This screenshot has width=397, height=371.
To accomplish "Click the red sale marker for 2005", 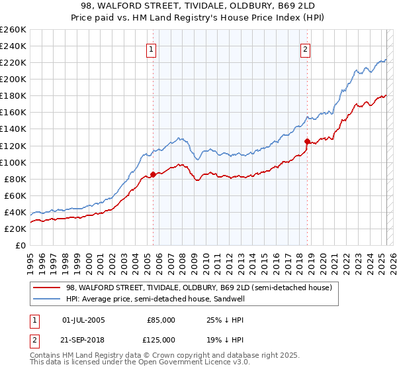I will tap(153, 174).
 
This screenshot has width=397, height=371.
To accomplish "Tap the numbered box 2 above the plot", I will tap(305, 49).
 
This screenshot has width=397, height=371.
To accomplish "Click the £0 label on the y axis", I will tap(20, 245).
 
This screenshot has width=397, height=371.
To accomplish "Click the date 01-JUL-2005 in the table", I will tap(83, 320).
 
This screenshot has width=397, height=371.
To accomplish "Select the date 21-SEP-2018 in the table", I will tap(83, 339).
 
